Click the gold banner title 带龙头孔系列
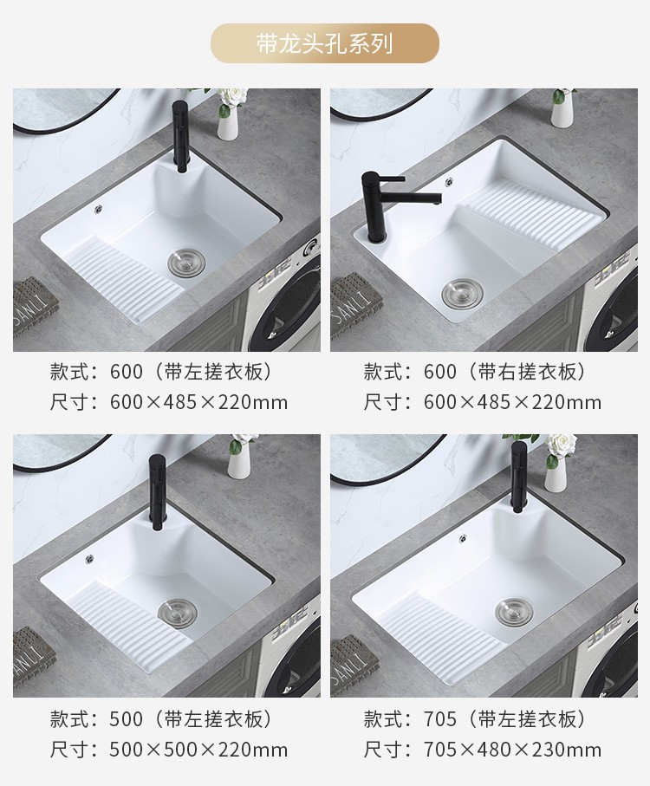[x=324, y=43]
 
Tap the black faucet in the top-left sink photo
[x=180, y=136]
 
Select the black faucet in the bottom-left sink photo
[x=158, y=491]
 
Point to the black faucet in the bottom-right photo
[x=518, y=477]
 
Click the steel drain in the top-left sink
[x=186, y=263]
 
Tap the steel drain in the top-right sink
[x=463, y=293]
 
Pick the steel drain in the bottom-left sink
[x=178, y=613]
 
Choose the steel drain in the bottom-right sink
[x=515, y=612]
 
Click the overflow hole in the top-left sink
[x=98, y=209]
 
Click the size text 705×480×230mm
[x=512, y=750]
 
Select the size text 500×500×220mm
[x=198, y=750]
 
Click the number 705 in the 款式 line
[x=440, y=719]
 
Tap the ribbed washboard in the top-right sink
[x=536, y=216]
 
